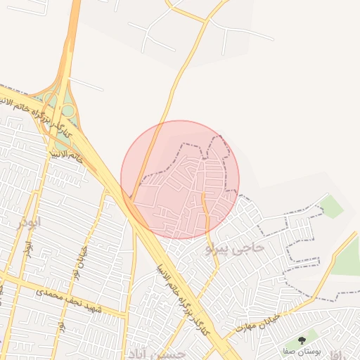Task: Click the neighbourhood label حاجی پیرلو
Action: tap(235, 248)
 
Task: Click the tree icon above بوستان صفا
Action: tap(311, 340)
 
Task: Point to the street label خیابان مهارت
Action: tap(259, 322)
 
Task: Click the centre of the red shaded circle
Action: tap(180, 179)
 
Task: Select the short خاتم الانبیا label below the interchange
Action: tap(67, 154)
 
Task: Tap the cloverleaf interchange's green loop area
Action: tap(69, 110)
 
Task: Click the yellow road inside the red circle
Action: tap(206, 211)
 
